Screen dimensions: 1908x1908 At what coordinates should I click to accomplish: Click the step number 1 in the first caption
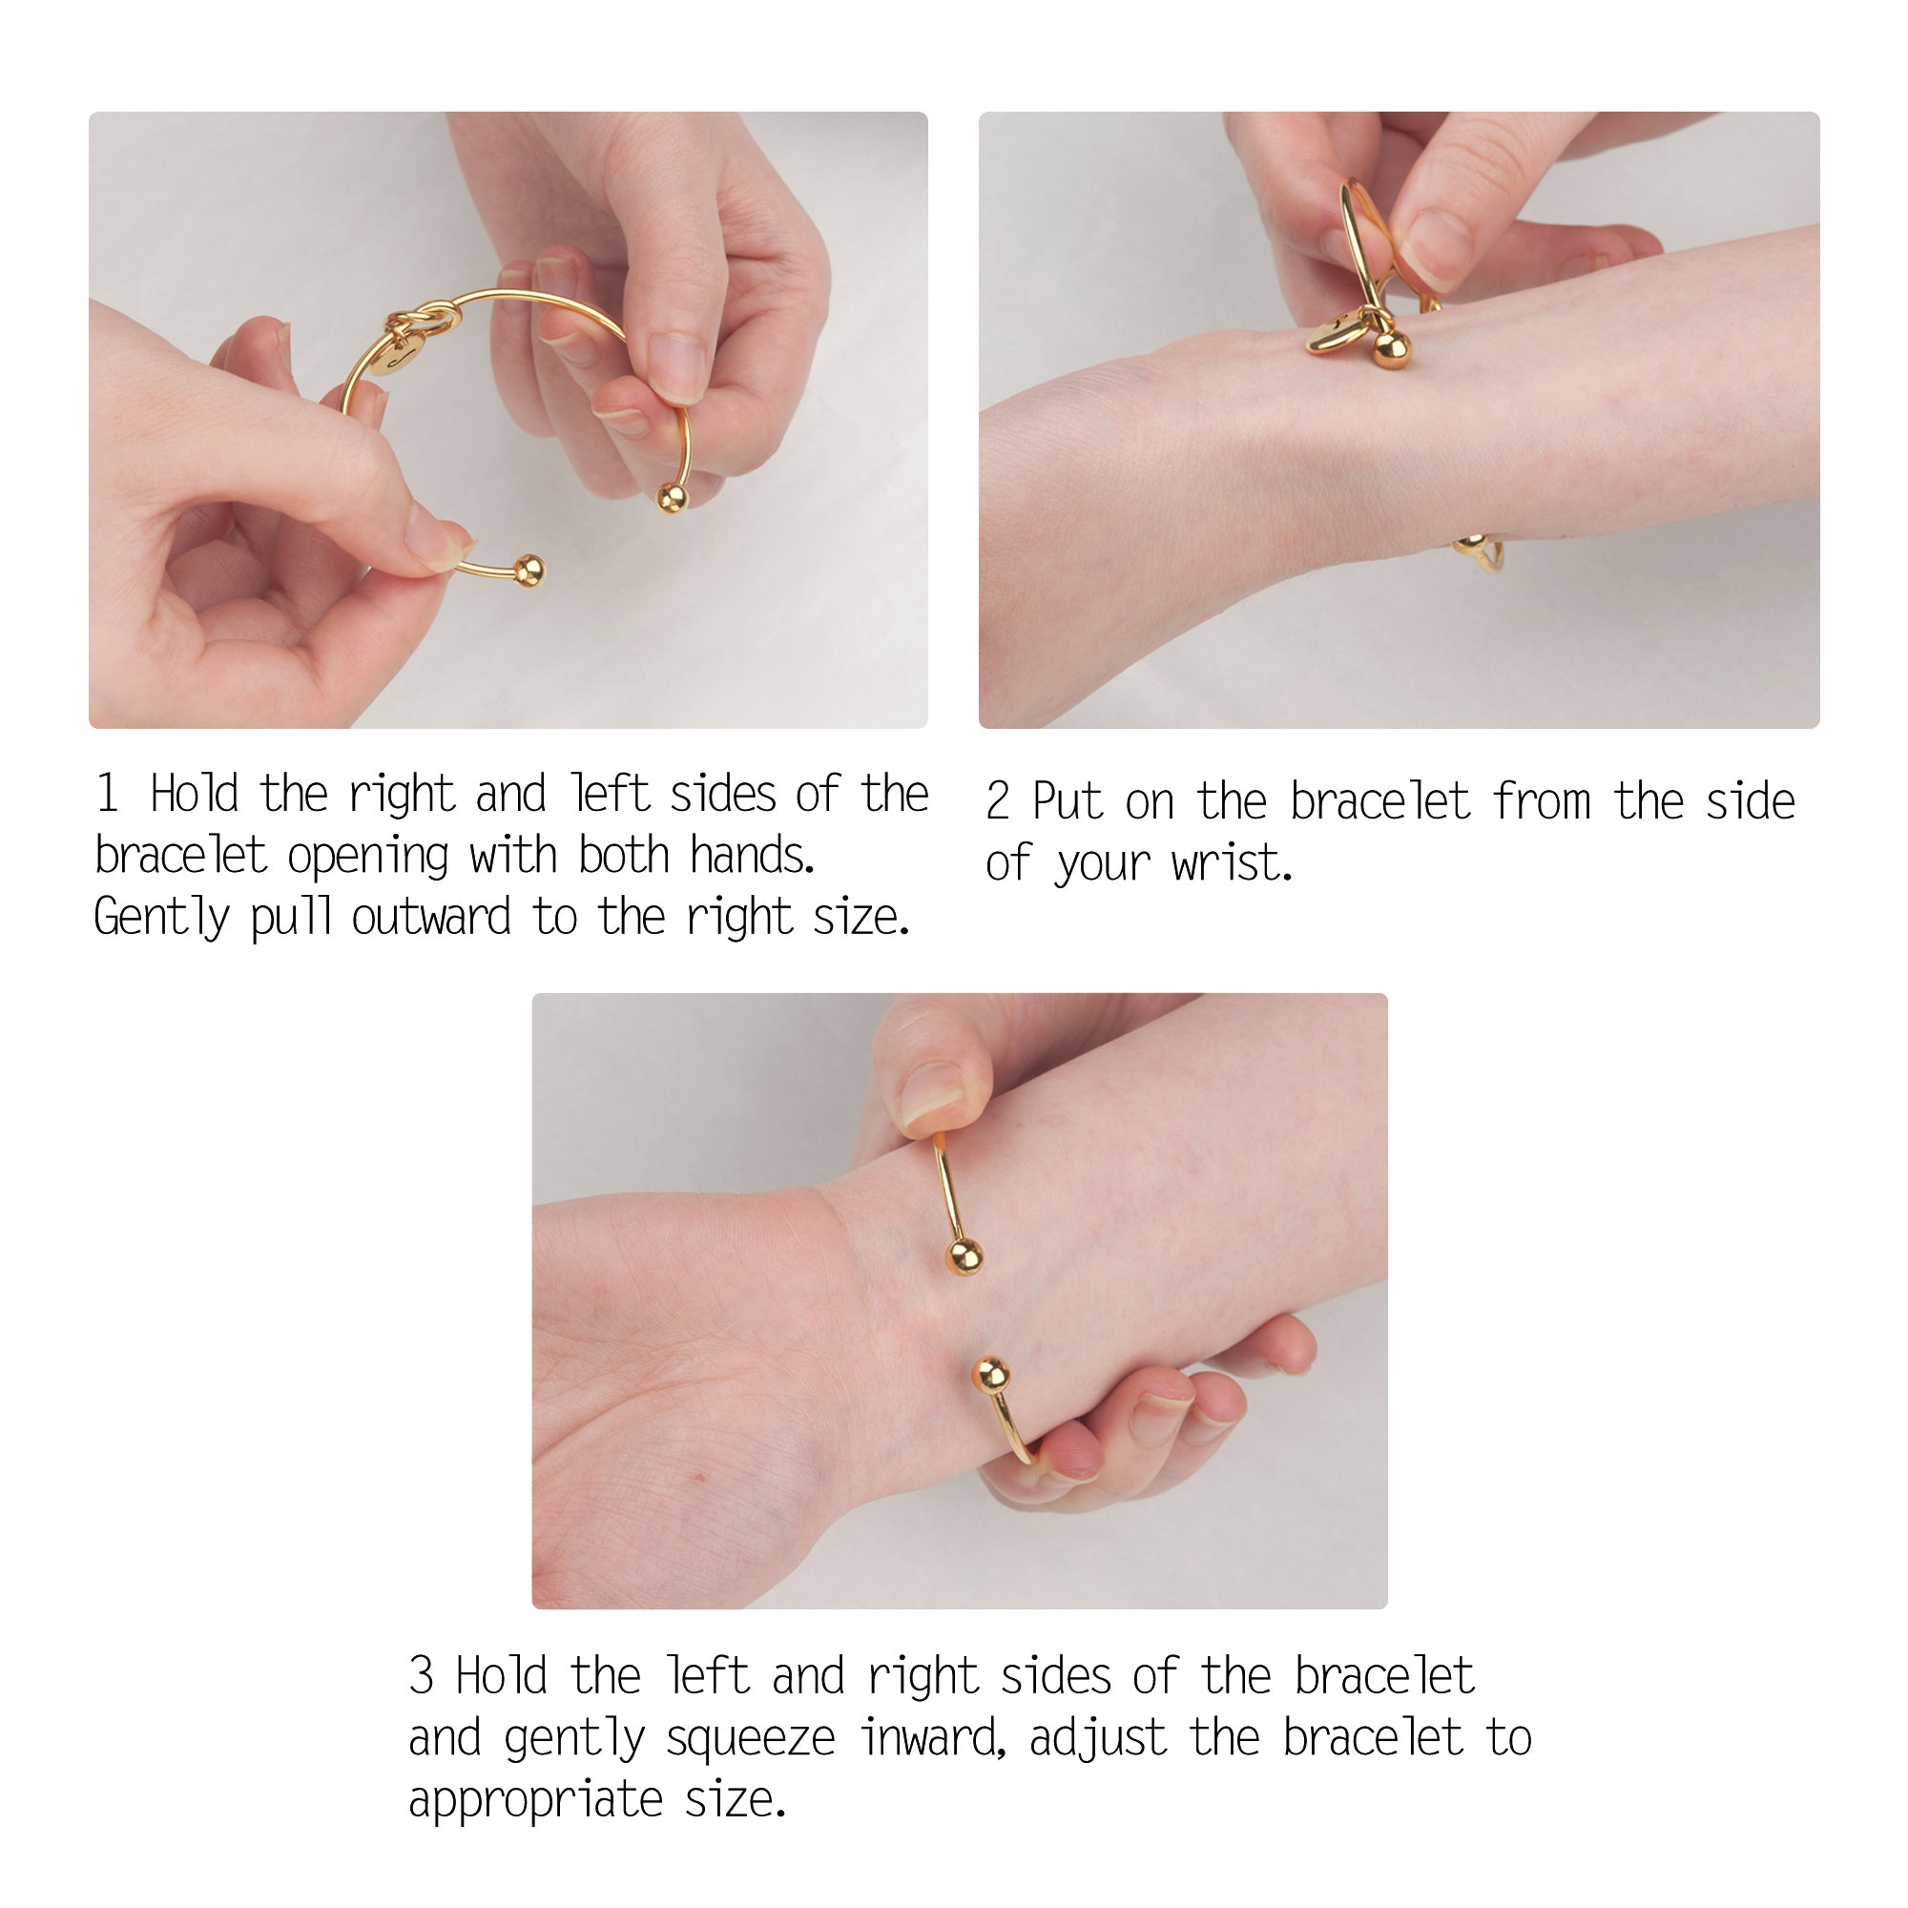click(x=108, y=793)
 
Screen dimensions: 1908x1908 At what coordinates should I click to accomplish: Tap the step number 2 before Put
click(x=998, y=801)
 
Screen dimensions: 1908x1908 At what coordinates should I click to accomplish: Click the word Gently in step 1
click(x=161, y=919)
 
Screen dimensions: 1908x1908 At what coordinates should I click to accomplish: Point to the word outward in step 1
click(x=430, y=917)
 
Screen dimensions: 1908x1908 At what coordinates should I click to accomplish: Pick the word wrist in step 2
click(x=1231, y=864)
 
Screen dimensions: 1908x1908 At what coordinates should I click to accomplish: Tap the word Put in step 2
click(x=1067, y=801)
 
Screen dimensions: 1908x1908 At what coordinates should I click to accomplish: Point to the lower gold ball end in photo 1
click(x=529, y=570)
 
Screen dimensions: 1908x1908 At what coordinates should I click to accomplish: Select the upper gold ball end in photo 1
click(x=672, y=498)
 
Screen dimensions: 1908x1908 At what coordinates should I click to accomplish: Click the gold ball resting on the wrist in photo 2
click(x=1392, y=348)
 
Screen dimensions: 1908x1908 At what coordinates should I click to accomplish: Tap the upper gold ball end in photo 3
click(x=964, y=1257)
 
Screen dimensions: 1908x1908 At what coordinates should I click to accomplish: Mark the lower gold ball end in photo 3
click(x=990, y=1374)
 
